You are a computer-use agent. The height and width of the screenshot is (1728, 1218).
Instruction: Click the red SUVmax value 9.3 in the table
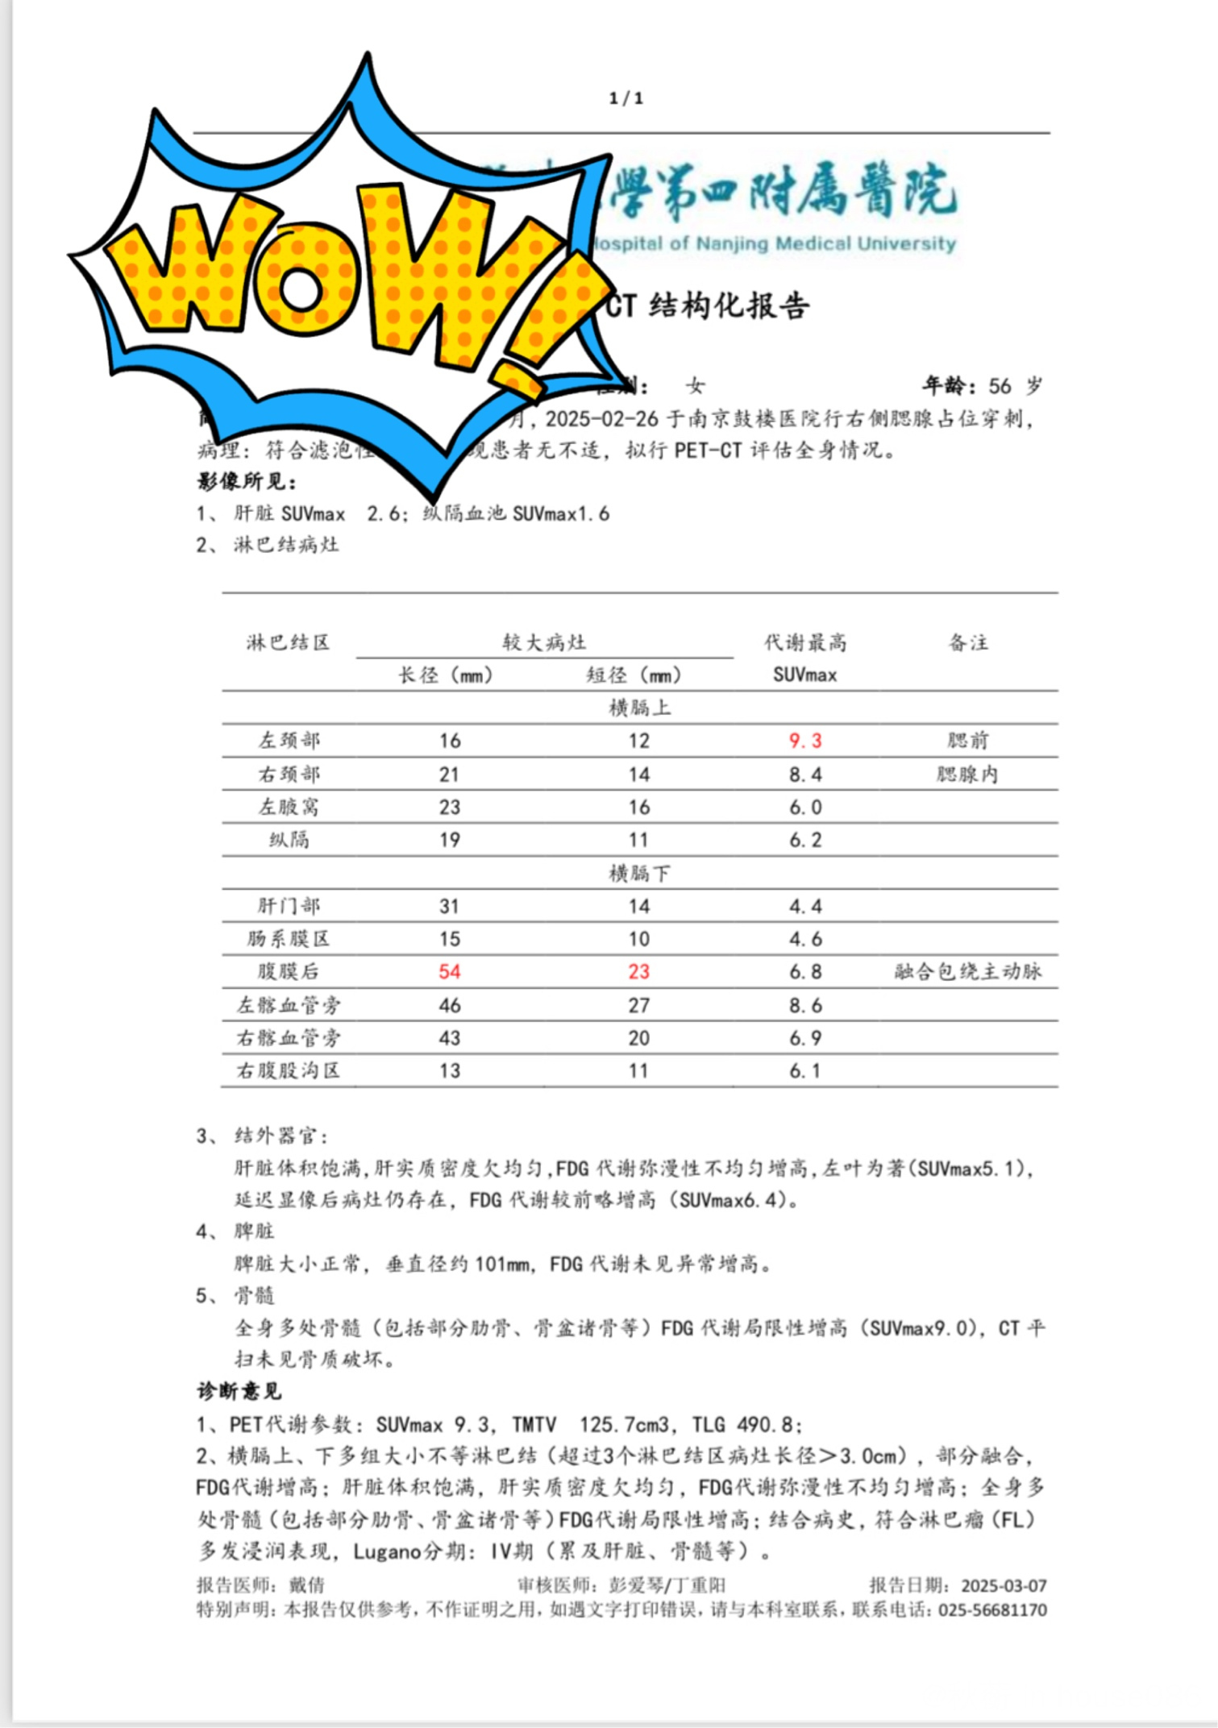pyautogui.click(x=804, y=741)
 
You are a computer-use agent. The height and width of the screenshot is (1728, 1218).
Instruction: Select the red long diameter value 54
pyautogui.click(x=449, y=971)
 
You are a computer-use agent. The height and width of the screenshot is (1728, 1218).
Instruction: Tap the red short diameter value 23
pyautogui.click(x=638, y=971)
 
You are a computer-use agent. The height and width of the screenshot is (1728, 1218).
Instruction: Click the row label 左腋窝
pyautogui.click(x=288, y=807)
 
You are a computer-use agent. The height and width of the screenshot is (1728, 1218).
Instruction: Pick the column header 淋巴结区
pyautogui.click(x=288, y=642)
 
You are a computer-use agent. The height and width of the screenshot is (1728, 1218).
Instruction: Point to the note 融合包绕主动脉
pyautogui.click(x=967, y=971)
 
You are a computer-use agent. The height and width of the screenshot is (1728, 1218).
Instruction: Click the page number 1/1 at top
pyautogui.click(x=626, y=98)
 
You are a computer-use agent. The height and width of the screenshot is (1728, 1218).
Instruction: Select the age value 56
pyautogui.click(x=1000, y=386)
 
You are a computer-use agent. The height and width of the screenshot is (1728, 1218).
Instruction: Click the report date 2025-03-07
pyautogui.click(x=1004, y=1585)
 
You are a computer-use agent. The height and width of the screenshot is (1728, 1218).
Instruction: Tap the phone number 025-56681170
pyautogui.click(x=992, y=1610)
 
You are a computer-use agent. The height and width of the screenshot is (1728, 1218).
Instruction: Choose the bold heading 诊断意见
pyautogui.click(x=239, y=1391)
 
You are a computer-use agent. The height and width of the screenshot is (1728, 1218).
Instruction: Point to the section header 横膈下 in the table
pyautogui.click(x=638, y=873)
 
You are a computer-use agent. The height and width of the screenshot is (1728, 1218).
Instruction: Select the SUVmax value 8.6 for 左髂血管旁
pyautogui.click(x=804, y=1005)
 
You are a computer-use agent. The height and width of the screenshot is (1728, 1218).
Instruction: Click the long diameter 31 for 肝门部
pyautogui.click(x=449, y=906)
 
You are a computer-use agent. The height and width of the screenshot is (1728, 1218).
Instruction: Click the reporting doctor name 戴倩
pyautogui.click(x=306, y=1585)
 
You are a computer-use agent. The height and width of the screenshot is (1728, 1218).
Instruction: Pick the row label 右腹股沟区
pyautogui.click(x=288, y=1070)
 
